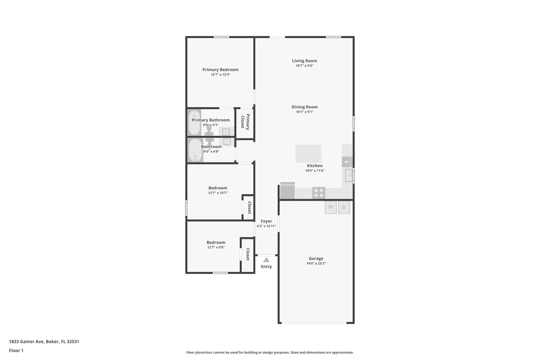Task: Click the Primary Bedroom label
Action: click(x=220, y=70)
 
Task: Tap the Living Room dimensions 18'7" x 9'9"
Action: click(x=305, y=66)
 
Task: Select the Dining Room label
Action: click(x=305, y=107)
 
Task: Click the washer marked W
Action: click(x=330, y=207)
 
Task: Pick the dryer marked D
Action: click(x=344, y=207)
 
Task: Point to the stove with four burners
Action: click(x=319, y=193)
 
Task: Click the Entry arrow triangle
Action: click(x=266, y=260)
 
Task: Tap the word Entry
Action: click(x=266, y=266)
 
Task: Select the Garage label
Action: click(x=316, y=259)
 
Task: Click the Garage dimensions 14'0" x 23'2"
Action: click(x=316, y=264)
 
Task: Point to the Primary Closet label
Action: click(x=245, y=122)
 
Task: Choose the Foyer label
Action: click(x=266, y=221)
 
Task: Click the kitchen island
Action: click(x=308, y=153)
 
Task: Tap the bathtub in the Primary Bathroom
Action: click(x=194, y=123)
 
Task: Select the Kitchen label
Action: click(x=315, y=166)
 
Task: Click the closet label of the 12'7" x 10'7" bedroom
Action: click(x=250, y=208)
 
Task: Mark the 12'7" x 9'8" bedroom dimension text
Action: click(x=216, y=247)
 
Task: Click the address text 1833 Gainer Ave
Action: click(x=26, y=341)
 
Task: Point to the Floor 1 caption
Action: click(x=16, y=350)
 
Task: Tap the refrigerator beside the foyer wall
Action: click(x=287, y=190)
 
